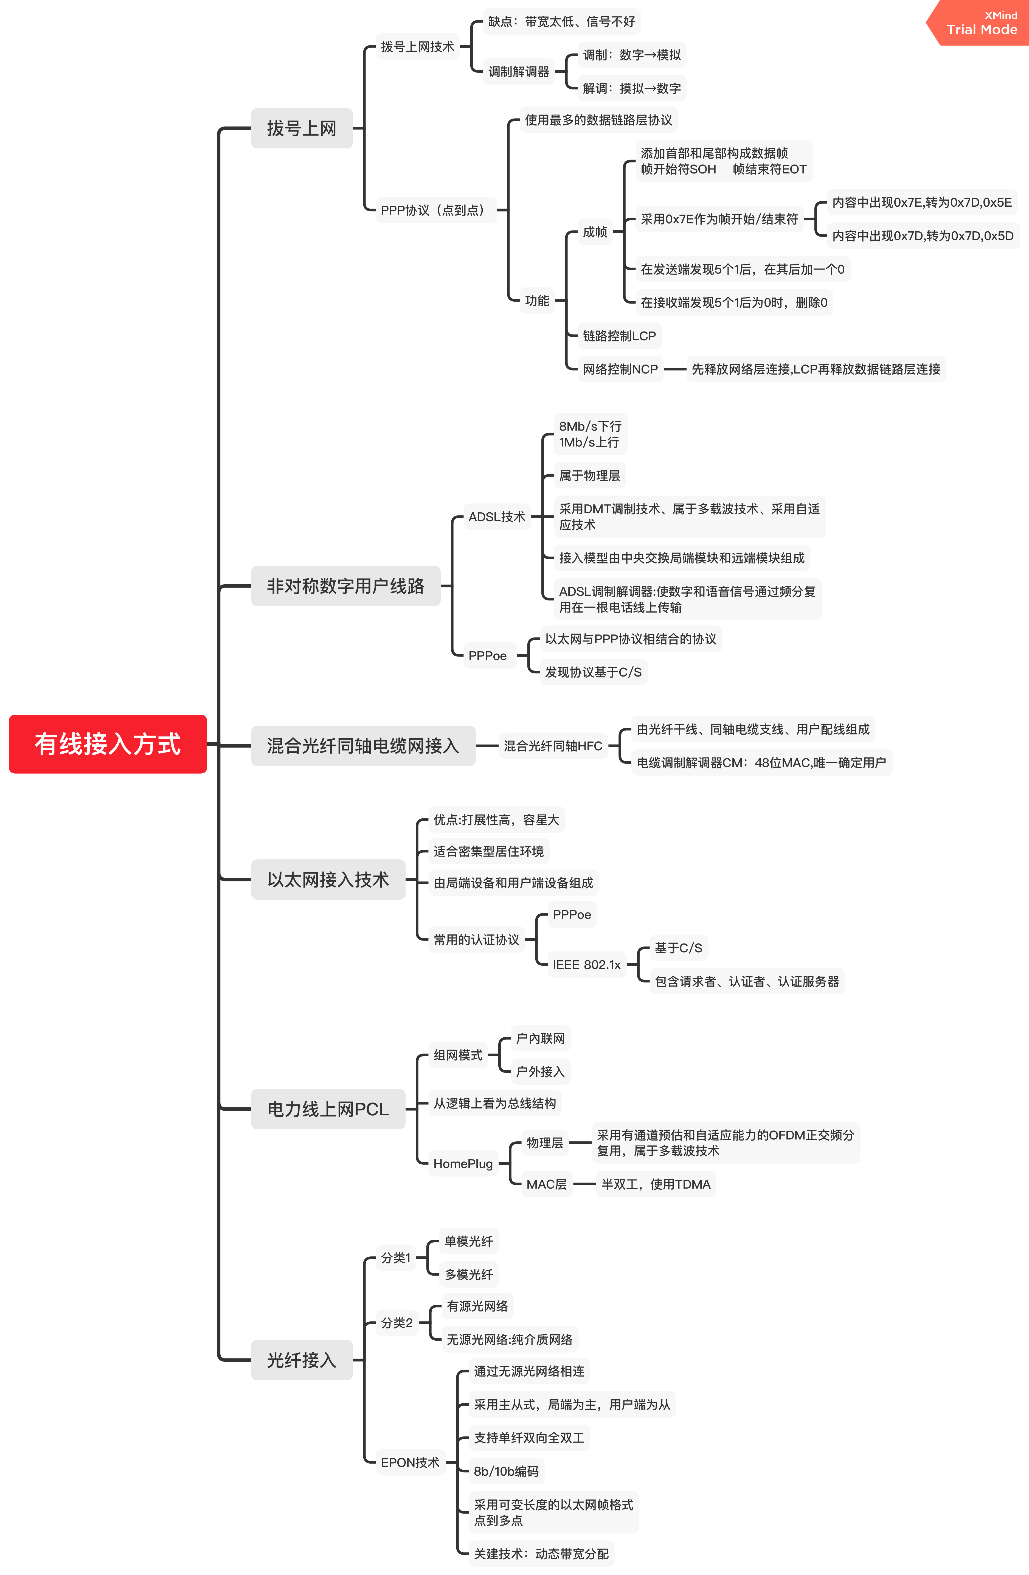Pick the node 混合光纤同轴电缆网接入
(x=363, y=746)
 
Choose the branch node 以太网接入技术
(x=328, y=880)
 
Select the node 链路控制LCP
(x=619, y=336)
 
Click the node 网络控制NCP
(x=620, y=369)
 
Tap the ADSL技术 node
(x=496, y=517)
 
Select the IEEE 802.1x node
(x=586, y=965)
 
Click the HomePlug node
(x=463, y=1163)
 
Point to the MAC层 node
(x=546, y=1184)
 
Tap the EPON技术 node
(x=410, y=1462)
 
